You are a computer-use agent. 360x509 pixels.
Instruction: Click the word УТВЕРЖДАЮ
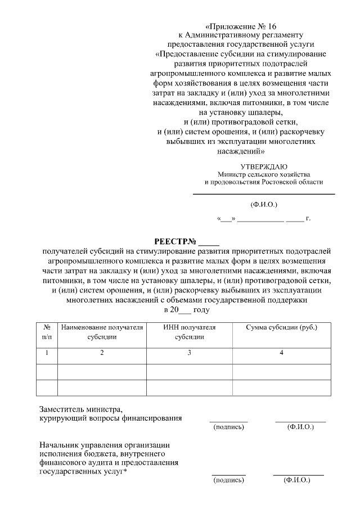pos(264,166)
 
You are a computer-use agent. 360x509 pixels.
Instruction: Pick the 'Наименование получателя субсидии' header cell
pos(102,332)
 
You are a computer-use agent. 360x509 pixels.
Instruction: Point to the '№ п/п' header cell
pos(47,332)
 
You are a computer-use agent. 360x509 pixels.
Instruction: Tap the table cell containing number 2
pos(102,353)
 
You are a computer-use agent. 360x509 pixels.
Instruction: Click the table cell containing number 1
pos(47,353)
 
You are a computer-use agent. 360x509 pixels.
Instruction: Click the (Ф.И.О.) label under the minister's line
pos(264,205)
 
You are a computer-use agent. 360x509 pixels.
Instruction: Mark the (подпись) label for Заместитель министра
pos(228,427)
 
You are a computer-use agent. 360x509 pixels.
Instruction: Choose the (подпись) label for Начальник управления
pos(228,481)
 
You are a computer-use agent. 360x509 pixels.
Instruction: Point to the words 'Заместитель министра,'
pos(80,409)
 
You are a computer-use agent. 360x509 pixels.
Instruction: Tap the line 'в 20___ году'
pos(186,310)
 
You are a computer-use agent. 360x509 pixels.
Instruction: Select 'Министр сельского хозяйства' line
pos(264,174)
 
